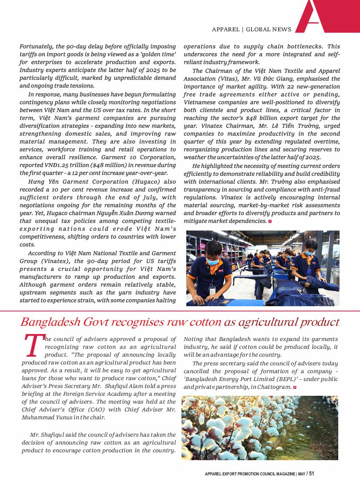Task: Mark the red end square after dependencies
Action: (270, 221)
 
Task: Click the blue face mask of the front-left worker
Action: (212, 261)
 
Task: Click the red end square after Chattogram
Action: (295, 387)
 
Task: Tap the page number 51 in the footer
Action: (312, 474)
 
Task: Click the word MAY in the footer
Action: (301, 474)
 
